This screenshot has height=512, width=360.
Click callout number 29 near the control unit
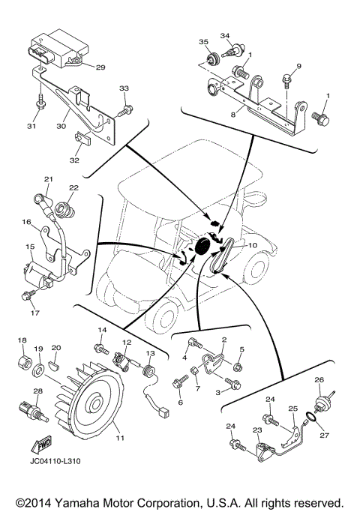[100, 67]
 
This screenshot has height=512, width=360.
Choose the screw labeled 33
[127, 110]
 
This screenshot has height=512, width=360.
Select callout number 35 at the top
[202, 41]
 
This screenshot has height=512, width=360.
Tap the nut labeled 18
[22, 366]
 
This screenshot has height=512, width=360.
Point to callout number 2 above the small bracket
[223, 340]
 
